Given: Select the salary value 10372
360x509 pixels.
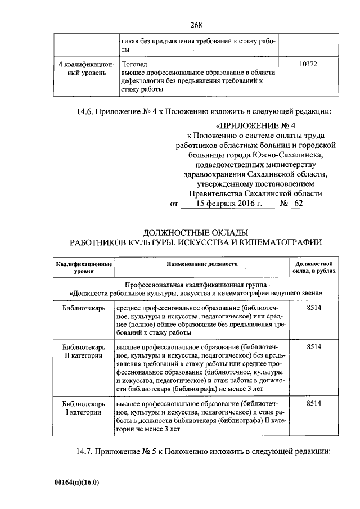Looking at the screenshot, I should (308, 65).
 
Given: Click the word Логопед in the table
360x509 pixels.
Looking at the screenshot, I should (133, 65).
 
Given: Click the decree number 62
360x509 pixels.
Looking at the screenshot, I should (298, 204).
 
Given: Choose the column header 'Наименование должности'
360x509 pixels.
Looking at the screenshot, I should (202, 263).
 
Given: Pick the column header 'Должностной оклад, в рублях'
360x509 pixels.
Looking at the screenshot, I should (315, 267).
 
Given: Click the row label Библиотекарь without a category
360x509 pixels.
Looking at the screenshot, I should (83, 308).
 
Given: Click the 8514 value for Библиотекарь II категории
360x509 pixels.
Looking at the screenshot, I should (314, 347).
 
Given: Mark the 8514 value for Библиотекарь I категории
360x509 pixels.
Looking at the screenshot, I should (314, 403).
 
